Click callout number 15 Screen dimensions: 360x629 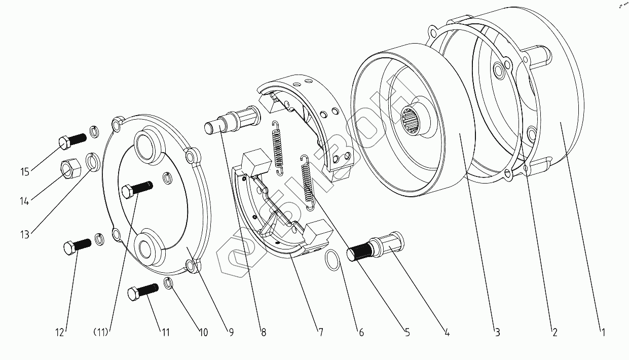pyautogui.click(x=25, y=172)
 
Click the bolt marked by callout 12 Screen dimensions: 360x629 pyautogui.click(x=78, y=246)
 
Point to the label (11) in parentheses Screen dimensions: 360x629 pyautogui.click(x=102, y=333)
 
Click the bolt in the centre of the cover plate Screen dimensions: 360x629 pyautogui.click(x=136, y=190)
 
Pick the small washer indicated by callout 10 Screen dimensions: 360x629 pyautogui.click(x=169, y=283)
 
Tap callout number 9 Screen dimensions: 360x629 pyautogui.click(x=231, y=333)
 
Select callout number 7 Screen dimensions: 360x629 pyautogui.click(x=320, y=333)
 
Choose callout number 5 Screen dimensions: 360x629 pyautogui.click(x=407, y=333)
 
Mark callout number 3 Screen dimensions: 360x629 pyautogui.click(x=497, y=333)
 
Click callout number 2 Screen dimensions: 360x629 pyautogui.click(x=554, y=333)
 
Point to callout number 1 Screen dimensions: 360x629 pyautogui.click(x=602, y=333)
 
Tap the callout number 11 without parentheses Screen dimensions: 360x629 pyautogui.click(x=165, y=333)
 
